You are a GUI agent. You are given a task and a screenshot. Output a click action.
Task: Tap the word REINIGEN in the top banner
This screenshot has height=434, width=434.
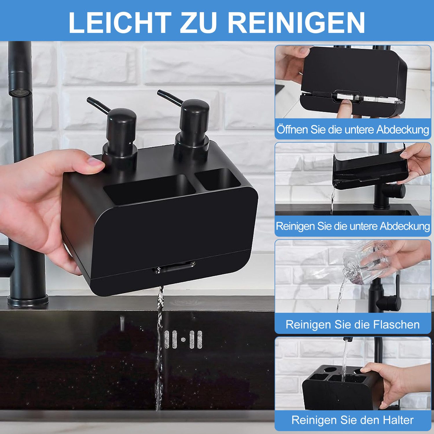(296, 23)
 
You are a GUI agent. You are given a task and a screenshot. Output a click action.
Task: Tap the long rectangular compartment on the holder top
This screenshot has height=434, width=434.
(149, 190)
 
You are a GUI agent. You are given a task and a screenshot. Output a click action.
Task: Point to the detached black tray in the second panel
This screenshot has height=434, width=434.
(370, 171)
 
